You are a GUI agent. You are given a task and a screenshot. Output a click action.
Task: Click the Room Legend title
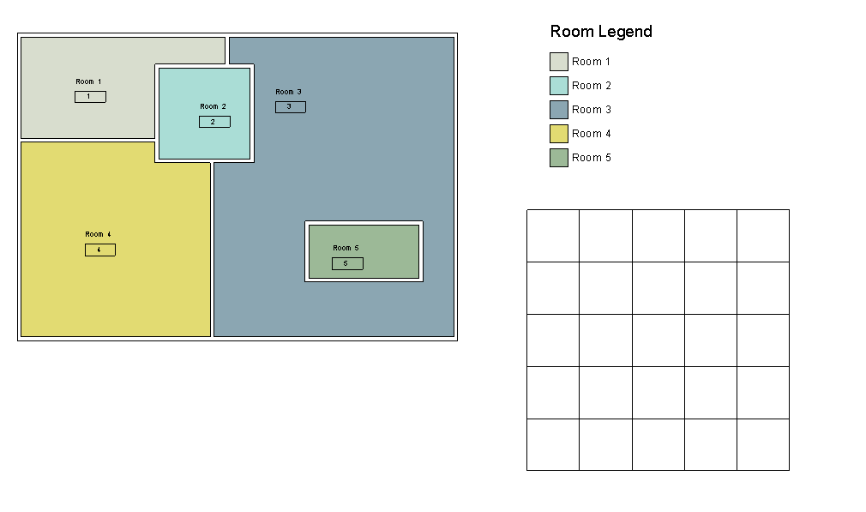(601, 32)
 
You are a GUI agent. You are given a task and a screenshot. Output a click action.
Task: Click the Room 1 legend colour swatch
(559, 62)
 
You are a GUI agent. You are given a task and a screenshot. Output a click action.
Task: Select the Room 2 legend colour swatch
(559, 86)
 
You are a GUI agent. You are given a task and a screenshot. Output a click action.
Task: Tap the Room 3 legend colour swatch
(559, 110)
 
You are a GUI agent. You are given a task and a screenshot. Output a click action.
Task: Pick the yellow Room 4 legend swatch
(559, 134)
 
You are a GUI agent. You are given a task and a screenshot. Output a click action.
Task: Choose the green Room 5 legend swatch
(559, 158)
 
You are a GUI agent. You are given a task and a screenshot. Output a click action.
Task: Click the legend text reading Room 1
(591, 61)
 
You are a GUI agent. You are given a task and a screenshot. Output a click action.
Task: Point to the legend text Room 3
(592, 110)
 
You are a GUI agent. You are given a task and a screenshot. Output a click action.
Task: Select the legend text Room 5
(592, 158)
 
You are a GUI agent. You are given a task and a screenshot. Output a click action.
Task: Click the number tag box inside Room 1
(91, 97)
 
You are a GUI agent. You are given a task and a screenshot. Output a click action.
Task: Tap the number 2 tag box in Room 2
(215, 122)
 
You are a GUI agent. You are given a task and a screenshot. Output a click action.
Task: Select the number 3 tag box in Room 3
(291, 106)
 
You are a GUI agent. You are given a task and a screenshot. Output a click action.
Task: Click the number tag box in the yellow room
(100, 250)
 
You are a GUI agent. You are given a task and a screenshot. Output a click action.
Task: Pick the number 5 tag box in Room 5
(347, 263)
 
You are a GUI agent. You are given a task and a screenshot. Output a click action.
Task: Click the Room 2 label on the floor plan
(213, 106)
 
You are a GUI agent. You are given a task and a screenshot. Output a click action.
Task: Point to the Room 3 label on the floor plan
(288, 92)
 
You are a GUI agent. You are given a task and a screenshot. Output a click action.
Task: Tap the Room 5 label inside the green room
(346, 248)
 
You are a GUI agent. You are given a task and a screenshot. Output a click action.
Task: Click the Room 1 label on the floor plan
(88, 81)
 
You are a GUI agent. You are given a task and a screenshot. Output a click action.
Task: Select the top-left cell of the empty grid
(553, 236)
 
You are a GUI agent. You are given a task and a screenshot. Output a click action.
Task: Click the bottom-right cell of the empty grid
(763, 444)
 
